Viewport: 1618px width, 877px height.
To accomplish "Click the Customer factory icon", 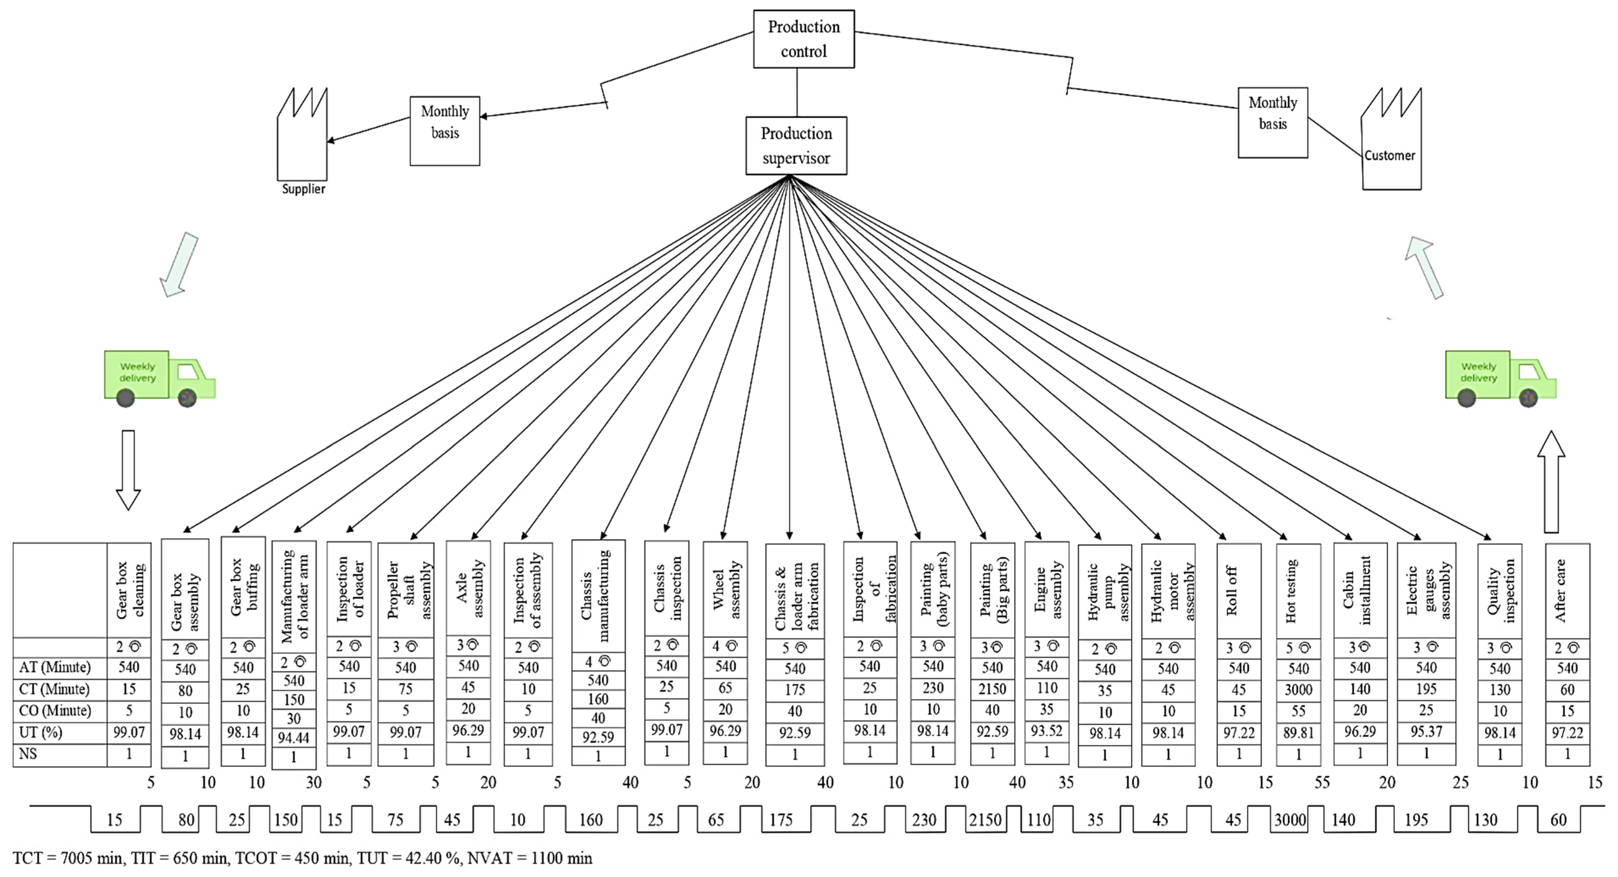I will (1391, 141).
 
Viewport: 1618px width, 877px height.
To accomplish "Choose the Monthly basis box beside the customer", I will (1273, 122).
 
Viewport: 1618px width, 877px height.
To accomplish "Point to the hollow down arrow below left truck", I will (128, 470).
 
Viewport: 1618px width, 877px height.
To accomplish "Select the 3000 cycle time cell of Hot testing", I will (1298, 689).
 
